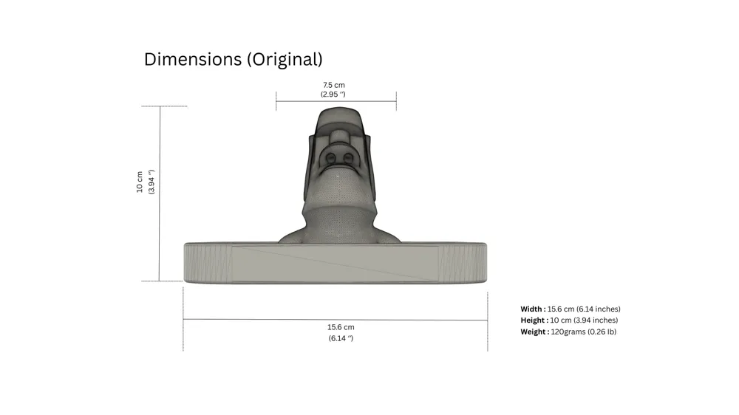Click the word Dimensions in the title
(193, 59)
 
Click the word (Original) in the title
(285, 59)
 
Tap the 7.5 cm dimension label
(334, 85)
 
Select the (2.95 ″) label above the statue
(333, 95)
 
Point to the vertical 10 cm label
(140, 182)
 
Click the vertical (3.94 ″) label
(151, 182)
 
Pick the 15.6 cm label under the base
(341, 327)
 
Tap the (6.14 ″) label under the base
(341, 338)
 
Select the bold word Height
(534, 320)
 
